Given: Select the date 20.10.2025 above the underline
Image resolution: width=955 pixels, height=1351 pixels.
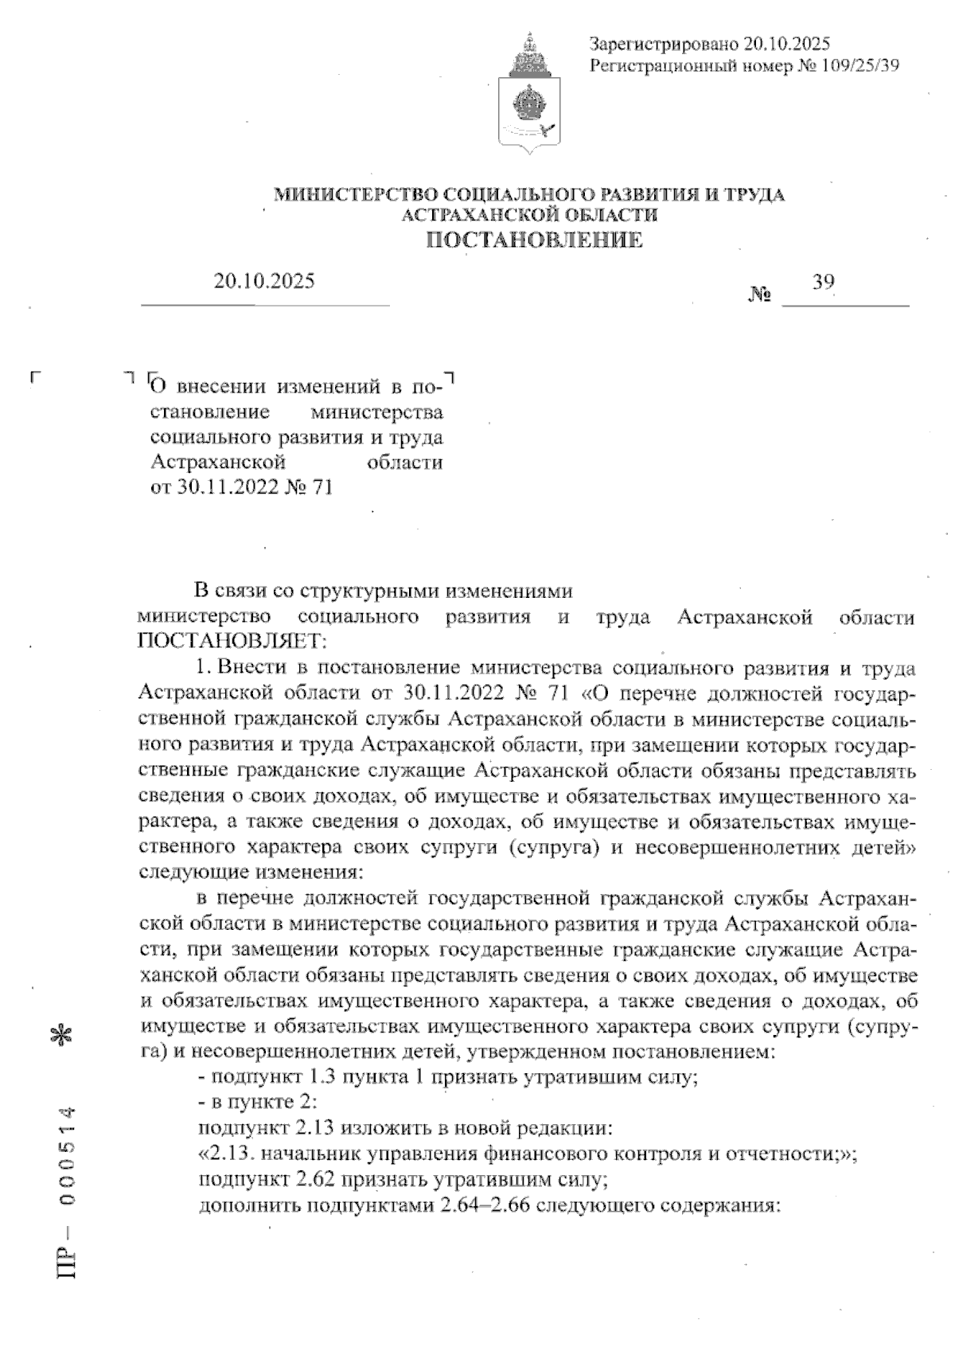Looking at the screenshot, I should pyautogui.click(x=264, y=281).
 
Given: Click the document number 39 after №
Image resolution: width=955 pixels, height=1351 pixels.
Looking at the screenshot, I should pyautogui.click(x=823, y=281).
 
